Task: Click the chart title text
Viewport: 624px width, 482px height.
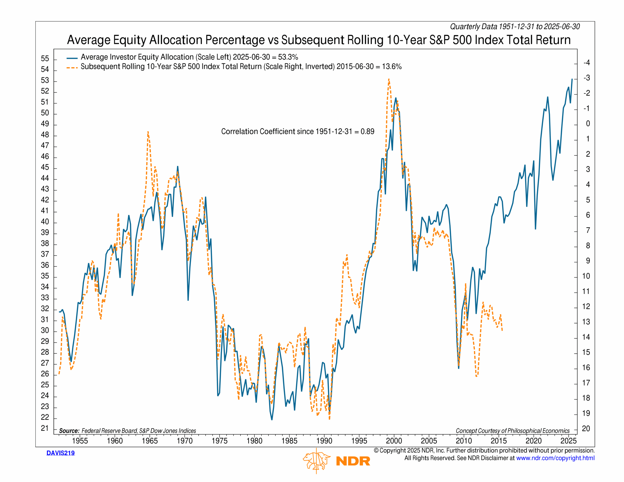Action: coord(319,40)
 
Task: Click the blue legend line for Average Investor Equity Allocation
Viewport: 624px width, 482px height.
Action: coord(72,58)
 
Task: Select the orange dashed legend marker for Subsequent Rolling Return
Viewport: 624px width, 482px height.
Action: coord(72,68)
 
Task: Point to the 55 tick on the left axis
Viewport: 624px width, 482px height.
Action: coord(45,59)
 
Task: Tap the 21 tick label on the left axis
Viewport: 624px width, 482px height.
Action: coord(45,428)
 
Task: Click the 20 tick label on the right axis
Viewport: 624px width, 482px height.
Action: coord(586,429)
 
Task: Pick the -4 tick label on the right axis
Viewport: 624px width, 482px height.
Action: coord(586,63)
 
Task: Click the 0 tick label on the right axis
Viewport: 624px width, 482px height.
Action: coord(588,124)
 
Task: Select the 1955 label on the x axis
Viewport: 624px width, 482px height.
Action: coord(80,441)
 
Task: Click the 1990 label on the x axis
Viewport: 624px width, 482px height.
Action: coord(324,441)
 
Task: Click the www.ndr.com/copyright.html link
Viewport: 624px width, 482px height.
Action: coord(555,458)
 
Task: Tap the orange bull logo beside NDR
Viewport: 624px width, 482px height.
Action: coord(316,461)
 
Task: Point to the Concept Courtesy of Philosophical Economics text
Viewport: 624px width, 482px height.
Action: coord(513,431)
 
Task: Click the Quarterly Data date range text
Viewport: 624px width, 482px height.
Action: coord(515,27)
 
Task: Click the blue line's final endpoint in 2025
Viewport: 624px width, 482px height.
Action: coord(572,79)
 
